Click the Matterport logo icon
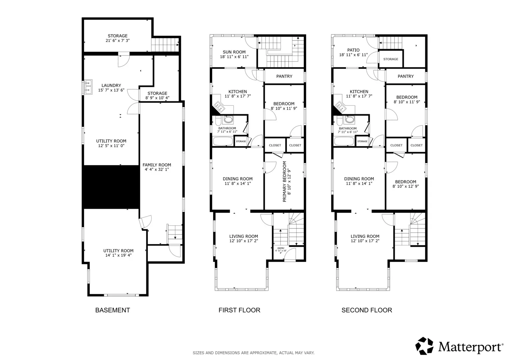(424, 346)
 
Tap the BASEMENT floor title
(112, 310)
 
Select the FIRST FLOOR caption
(239, 310)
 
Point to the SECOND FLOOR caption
(367, 310)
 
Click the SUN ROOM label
(234, 52)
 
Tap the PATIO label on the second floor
(353, 50)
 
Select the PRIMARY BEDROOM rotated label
(284, 182)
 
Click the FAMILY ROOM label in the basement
(157, 165)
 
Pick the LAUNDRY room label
(111, 85)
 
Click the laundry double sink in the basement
(88, 87)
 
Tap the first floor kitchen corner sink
(219, 107)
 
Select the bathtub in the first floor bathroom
(223, 141)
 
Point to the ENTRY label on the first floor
(281, 248)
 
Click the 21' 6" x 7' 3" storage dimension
(117, 40)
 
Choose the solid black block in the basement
(111, 187)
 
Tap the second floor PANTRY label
(406, 76)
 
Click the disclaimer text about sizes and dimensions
(254, 353)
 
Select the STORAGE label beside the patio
(391, 59)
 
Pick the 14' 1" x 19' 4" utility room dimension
(118, 255)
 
